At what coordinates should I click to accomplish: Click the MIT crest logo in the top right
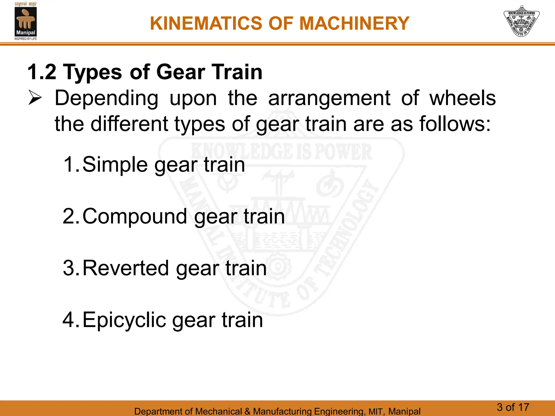pyautogui.click(x=521, y=21)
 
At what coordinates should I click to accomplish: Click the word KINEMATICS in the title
pyautogui.click(x=206, y=23)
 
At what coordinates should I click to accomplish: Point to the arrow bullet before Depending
pyautogui.click(x=35, y=98)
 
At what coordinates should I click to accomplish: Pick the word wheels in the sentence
pyautogui.click(x=463, y=98)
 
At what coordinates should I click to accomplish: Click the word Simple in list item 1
pyautogui.click(x=115, y=165)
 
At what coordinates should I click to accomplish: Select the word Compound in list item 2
pyautogui.click(x=135, y=217)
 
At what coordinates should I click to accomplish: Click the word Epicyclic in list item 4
pyautogui.click(x=124, y=320)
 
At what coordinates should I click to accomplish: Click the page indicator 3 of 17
pyautogui.click(x=513, y=407)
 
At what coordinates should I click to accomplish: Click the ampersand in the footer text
pyautogui.click(x=247, y=411)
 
